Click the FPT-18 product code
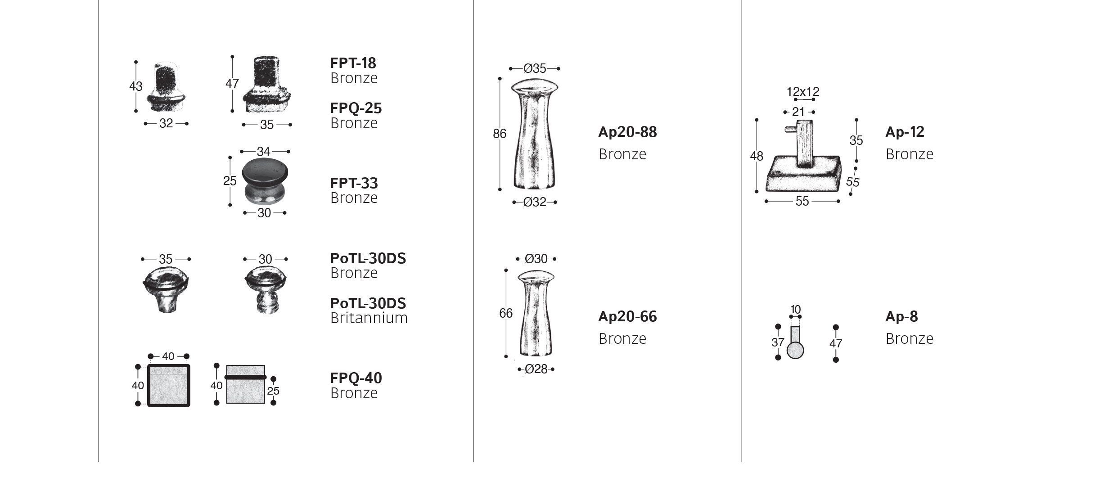point(353,63)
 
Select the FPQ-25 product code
point(356,108)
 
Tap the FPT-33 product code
point(354,183)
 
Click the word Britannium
point(369,318)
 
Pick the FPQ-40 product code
point(356,378)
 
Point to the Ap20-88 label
point(627,132)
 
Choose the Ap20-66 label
point(627,316)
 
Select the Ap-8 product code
point(901,316)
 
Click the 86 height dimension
point(500,134)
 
